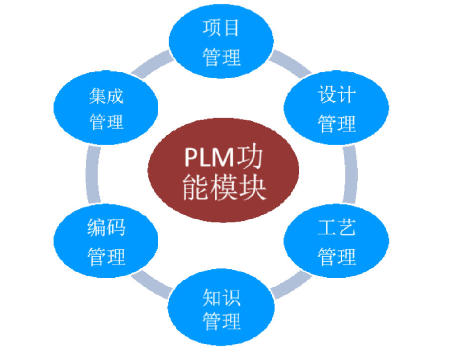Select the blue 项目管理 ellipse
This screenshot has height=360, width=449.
tap(222, 43)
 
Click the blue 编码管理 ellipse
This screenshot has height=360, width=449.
tap(106, 242)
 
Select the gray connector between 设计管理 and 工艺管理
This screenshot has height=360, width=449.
tap(351, 175)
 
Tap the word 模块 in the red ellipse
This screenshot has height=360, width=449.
tap(244, 188)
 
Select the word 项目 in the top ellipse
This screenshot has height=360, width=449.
tap(221, 28)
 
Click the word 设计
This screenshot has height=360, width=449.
tap(337, 94)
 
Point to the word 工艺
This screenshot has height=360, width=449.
tap(337, 229)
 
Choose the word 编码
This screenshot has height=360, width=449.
tap(106, 228)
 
